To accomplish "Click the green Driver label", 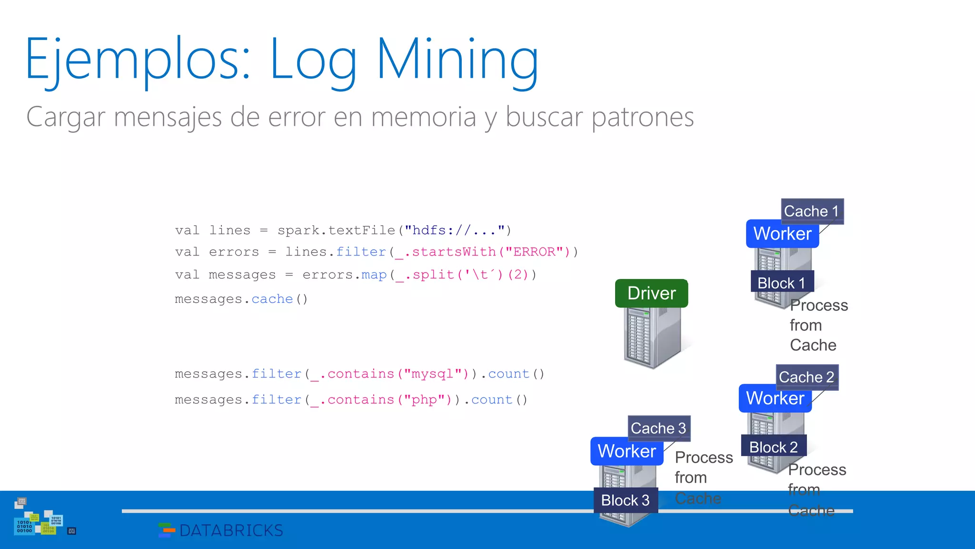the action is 651,293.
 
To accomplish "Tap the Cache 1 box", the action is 812,211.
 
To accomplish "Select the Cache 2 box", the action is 806,377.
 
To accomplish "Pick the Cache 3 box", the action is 658,428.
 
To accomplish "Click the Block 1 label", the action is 782,283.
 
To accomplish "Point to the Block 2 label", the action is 774,447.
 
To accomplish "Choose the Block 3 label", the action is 626,500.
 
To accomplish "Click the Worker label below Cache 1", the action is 782,234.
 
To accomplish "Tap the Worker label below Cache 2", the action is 775,398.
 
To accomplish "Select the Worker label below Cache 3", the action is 627,451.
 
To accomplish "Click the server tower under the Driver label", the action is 651,338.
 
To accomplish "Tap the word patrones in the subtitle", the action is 643,117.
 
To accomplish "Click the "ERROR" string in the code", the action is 534,252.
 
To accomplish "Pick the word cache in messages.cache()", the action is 272,299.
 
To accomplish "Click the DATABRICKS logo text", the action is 231,530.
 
